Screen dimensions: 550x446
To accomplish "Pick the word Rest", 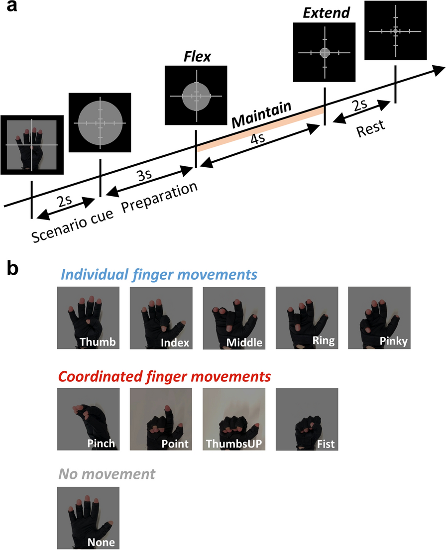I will [370, 131].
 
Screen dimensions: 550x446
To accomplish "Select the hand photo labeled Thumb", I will [89, 318].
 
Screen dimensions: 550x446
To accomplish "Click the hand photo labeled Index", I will [161, 318].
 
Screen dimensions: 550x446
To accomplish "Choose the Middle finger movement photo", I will [234, 318].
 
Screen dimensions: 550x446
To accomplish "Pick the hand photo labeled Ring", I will [307, 318].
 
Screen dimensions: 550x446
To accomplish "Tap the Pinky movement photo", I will [379, 318].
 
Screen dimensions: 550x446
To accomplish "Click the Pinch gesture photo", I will [89, 419].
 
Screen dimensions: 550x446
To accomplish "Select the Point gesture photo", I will [161, 419].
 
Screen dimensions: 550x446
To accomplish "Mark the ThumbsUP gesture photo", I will [234, 419].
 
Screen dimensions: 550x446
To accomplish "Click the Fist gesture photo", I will [307, 419].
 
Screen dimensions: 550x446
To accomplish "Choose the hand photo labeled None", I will [89, 518].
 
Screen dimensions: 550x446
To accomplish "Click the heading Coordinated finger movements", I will [164, 376].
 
